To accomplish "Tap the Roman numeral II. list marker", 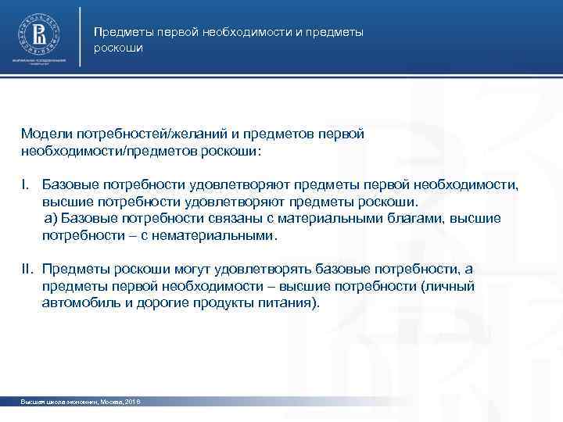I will click(28, 270).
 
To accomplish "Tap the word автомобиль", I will click(77, 303).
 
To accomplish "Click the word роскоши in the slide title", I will click(117, 48).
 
